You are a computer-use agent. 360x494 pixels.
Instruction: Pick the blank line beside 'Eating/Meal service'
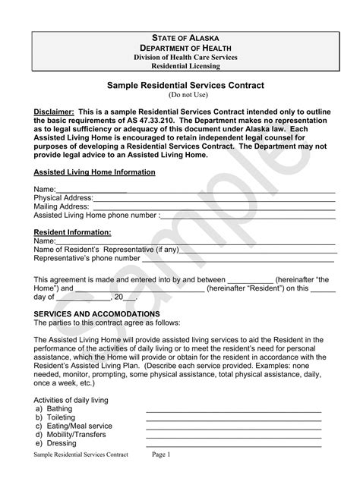[233, 426]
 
